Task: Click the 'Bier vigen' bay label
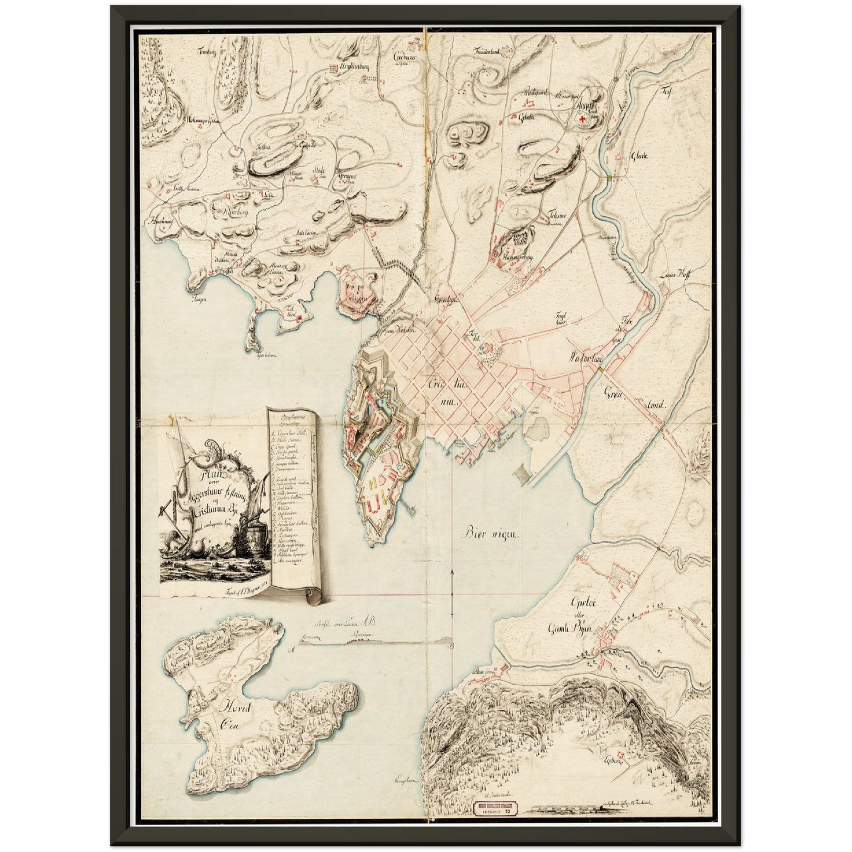tap(489, 535)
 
